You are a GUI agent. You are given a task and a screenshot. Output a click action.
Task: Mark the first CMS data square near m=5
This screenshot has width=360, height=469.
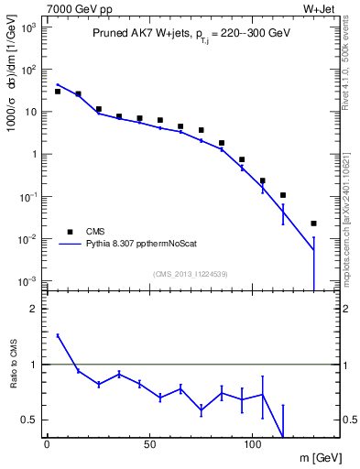[57, 92]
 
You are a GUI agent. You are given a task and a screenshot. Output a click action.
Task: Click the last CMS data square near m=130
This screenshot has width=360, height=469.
[313, 224]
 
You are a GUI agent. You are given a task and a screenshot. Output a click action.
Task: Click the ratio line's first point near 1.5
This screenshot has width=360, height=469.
[57, 336]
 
